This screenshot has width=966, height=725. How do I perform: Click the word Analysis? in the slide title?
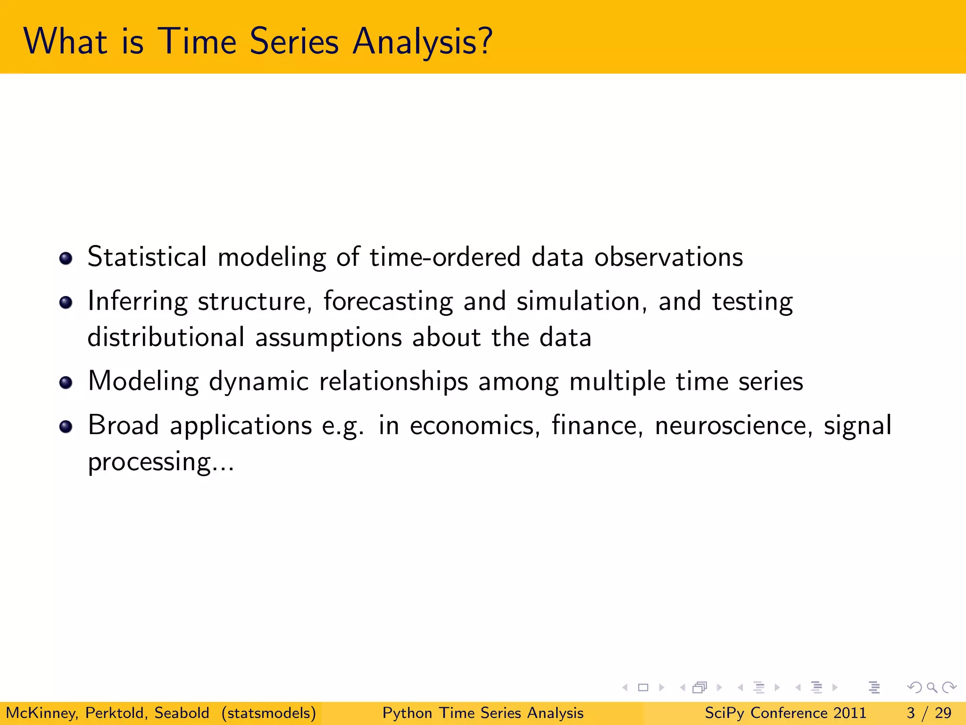coord(422,42)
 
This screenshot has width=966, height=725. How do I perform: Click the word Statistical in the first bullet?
coord(147,257)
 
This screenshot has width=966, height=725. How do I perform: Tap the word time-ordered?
coord(445,257)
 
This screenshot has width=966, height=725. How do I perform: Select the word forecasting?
coord(388,301)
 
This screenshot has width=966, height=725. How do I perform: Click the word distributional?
coord(166,337)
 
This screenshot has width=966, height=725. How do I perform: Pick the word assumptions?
coord(328,338)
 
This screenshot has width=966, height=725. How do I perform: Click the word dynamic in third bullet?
coord(258,381)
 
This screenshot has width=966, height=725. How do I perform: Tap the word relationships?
coord(393,381)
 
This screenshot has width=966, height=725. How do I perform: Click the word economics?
coord(475,425)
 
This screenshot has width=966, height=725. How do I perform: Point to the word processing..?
coord(149,462)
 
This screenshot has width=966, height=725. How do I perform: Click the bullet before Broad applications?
coord(66,427)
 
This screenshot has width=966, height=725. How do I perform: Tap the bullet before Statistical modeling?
coord(66,258)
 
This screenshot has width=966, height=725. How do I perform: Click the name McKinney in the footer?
coord(42,713)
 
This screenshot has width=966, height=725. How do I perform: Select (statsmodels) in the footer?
coord(268,713)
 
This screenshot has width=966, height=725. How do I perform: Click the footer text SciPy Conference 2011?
coord(785,713)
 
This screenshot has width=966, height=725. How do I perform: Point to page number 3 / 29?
coord(929,713)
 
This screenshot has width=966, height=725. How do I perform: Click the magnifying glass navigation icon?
coord(932,688)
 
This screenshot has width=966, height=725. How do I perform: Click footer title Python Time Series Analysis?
coord(483,713)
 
